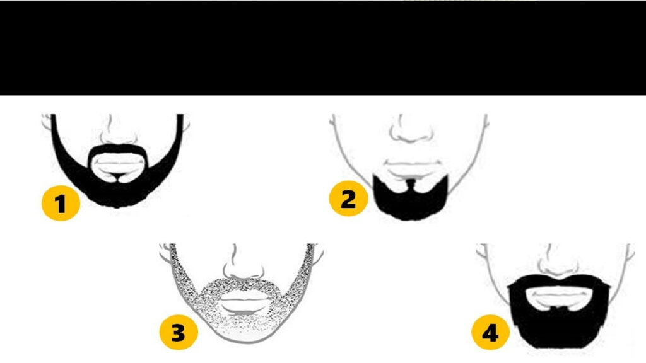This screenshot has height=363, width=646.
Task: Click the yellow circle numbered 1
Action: coord(61,202)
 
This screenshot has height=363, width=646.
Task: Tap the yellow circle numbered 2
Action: coord(348,199)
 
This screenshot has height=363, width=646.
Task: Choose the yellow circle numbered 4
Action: coord(490,333)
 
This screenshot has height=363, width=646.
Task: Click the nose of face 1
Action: coord(118,132)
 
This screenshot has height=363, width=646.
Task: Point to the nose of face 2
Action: coord(411,130)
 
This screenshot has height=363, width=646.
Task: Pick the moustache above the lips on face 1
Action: coord(118,149)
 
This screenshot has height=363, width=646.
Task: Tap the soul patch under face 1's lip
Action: coord(118,177)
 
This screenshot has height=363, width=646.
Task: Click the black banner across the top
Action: coord(323,48)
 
